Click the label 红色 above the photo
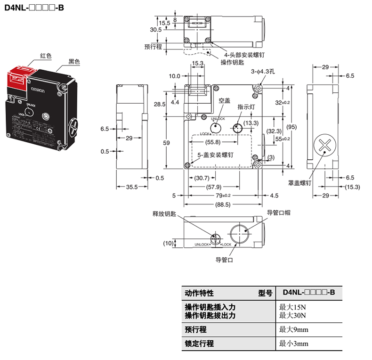46,56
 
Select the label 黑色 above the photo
74,61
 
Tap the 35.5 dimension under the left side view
131,187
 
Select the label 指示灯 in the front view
246,106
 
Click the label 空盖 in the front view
224,100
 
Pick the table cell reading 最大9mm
294,329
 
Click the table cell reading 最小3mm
294,344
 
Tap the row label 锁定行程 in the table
199,344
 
